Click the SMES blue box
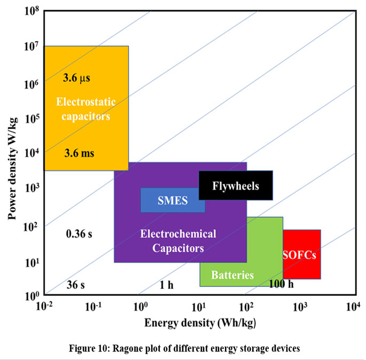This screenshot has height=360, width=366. point(173,201)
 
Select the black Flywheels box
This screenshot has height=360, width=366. point(236,186)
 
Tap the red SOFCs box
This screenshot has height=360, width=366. point(301,254)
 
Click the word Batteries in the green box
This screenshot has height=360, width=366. point(232,276)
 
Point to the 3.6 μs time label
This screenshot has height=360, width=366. point(76,78)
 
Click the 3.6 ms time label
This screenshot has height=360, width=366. point(79,153)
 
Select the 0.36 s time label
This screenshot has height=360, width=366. point(79,233)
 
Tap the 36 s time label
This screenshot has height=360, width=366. point(75,284)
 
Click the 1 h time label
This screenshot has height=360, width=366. point(166,284)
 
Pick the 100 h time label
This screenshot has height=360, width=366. point(281,284)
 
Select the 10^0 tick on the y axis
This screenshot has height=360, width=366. point(32,295)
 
